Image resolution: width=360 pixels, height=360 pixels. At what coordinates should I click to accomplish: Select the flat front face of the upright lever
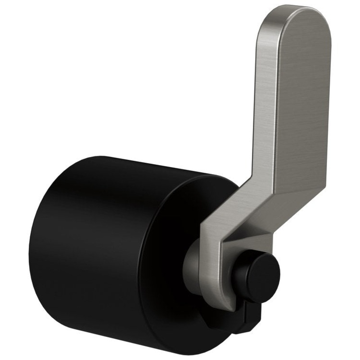pyautogui.click(x=299, y=90)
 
